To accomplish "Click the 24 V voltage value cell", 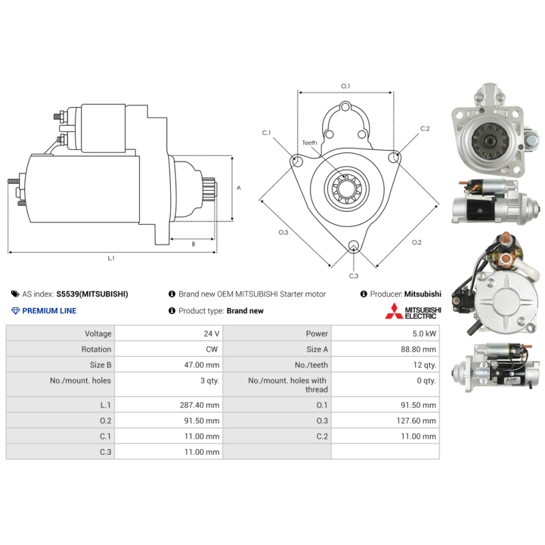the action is (211, 334).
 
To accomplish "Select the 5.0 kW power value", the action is (424, 334).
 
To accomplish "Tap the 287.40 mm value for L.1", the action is (200, 405).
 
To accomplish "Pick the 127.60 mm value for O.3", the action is (416, 420).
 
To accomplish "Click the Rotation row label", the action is (96, 349).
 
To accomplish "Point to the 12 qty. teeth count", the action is (424, 365).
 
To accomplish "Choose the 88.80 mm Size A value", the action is (418, 349).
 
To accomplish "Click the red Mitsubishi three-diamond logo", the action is (394, 311).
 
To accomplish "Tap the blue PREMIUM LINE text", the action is (49, 311).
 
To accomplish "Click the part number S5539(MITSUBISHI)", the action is (92, 294).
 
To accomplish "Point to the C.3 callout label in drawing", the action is (354, 276).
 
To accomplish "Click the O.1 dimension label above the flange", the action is (345, 86).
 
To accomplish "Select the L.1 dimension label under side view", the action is (111, 258).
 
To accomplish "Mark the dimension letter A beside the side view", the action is (238, 188).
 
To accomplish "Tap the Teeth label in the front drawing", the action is (309, 142).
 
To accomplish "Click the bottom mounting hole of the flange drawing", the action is (354, 245).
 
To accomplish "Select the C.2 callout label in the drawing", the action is (424, 128).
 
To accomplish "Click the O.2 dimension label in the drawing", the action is (416, 243).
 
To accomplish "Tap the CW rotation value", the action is (212, 349).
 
